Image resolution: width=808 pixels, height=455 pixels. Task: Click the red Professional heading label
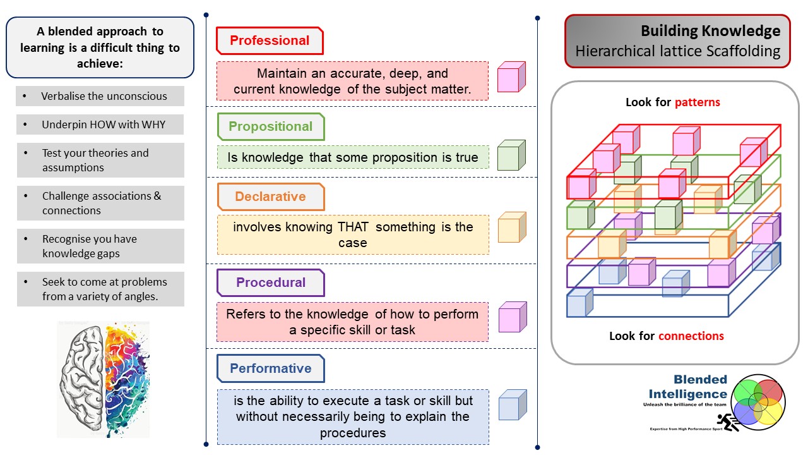(x=270, y=41)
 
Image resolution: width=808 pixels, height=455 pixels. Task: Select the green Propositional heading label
(x=270, y=126)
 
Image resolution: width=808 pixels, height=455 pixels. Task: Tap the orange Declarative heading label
(x=270, y=197)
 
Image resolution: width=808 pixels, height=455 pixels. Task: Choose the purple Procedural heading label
(x=270, y=282)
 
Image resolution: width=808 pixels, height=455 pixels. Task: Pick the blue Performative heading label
(x=270, y=368)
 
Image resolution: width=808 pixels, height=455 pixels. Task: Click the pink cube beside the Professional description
(x=511, y=77)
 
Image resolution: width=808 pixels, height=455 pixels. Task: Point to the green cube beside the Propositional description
(x=511, y=155)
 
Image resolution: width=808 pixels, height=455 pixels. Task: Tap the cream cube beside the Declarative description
(x=511, y=227)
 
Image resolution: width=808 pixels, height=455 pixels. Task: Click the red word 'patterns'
(x=698, y=102)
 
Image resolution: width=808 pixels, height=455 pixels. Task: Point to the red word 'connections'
(x=691, y=336)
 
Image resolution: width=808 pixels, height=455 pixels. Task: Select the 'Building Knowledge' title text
(x=710, y=31)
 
